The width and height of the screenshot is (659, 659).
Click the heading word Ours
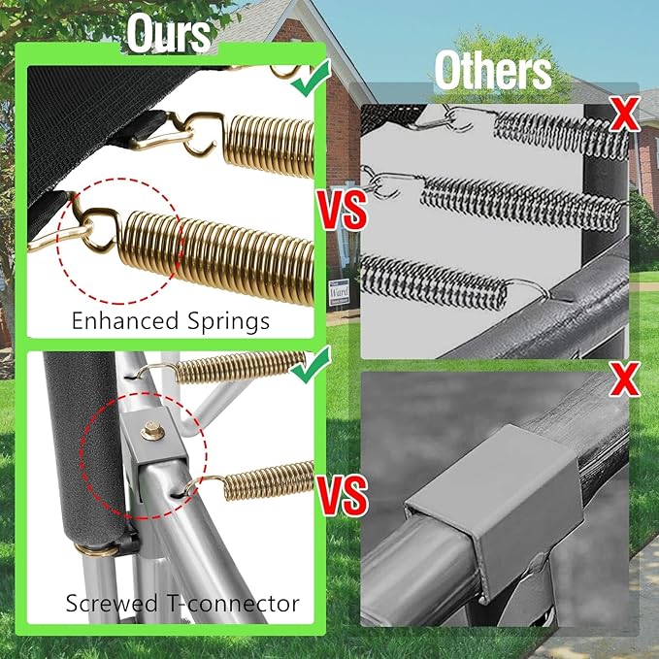click(169, 34)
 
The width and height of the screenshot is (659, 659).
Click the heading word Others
click(493, 72)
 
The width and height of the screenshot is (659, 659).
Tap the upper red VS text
click(342, 211)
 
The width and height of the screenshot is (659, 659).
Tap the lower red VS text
click(342, 496)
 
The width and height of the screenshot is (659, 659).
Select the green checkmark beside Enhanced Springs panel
click(311, 79)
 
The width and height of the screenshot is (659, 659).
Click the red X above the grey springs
click(625, 114)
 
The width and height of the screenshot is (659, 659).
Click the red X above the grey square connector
click(625, 379)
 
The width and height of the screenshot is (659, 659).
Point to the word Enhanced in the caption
click(125, 321)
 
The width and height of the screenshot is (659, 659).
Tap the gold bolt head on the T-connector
click(152, 431)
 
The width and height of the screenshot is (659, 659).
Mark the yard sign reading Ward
click(339, 292)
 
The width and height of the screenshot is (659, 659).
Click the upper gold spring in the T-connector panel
click(239, 367)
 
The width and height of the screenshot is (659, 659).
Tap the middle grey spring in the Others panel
click(520, 204)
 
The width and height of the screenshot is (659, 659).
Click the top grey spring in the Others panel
click(562, 134)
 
